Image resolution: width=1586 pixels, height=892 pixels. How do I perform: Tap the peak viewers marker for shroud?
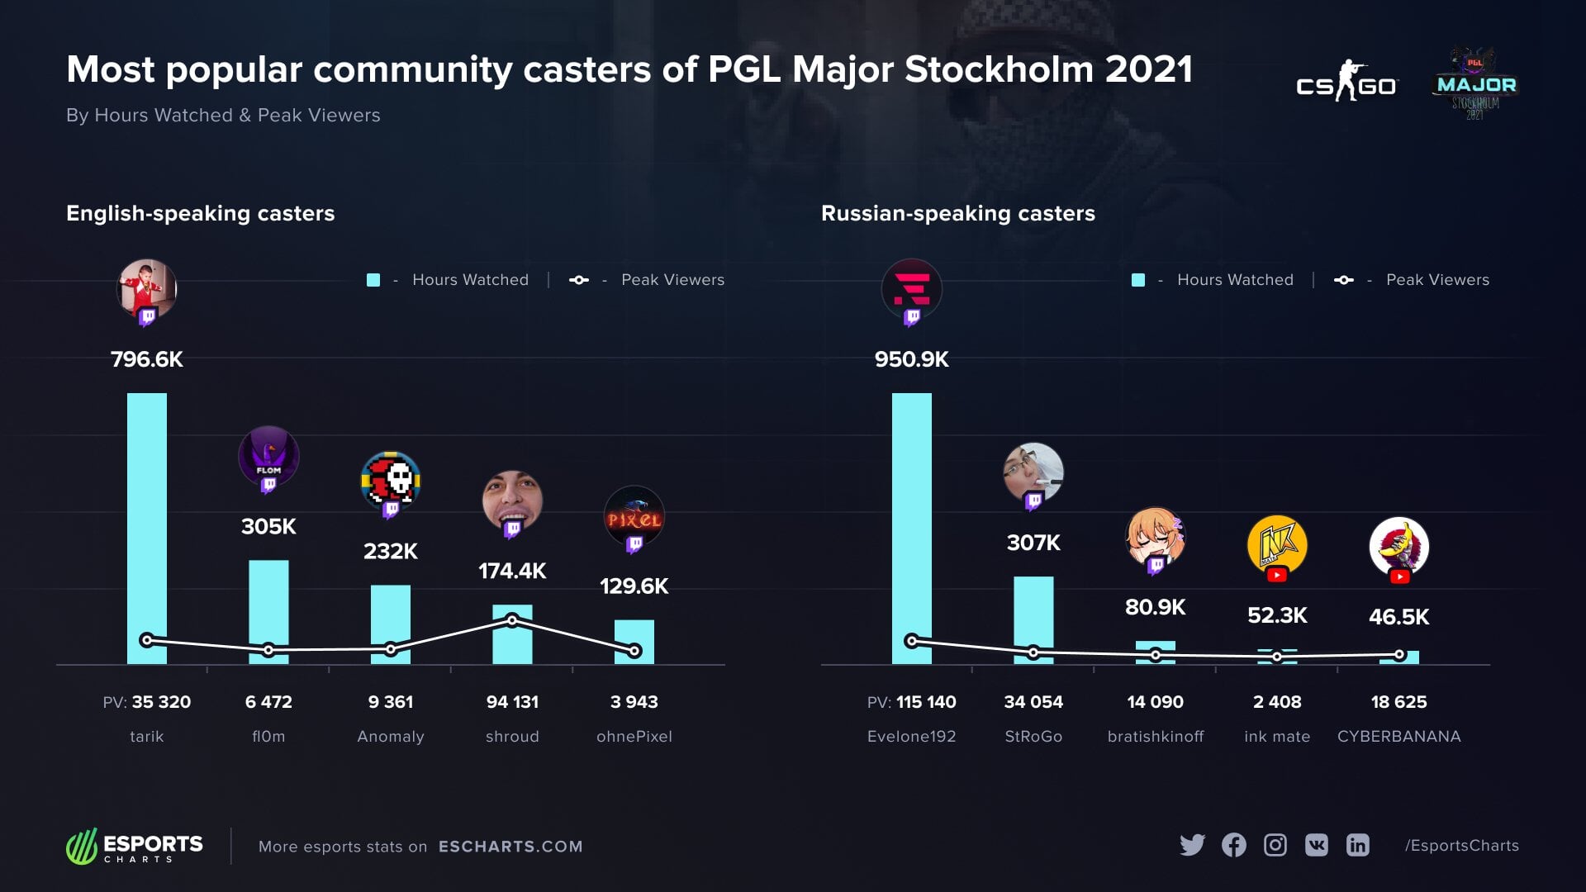[512, 620]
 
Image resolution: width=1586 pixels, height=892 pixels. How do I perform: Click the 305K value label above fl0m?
[268, 527]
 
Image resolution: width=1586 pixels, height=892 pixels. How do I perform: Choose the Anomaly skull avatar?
[391, 481]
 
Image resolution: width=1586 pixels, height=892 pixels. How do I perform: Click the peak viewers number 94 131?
[512, 702]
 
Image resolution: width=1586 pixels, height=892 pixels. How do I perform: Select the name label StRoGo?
[1033, 737]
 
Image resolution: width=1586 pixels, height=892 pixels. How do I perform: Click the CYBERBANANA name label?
[1398, 737]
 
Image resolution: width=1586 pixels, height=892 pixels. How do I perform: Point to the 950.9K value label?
[911, 359]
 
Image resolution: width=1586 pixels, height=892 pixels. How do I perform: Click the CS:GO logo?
[1346, 83]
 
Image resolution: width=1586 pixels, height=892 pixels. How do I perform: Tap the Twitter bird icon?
[1192, 845]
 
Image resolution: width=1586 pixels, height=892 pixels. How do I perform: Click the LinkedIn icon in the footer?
[1357, 845]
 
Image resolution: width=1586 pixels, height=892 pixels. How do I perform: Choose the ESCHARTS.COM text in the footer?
[510, 847]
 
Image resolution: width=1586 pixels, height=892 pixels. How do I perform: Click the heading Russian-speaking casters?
[957, 213]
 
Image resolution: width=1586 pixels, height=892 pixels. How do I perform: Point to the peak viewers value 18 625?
[1398, 702]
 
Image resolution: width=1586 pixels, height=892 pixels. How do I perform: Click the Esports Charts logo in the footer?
[135, 847]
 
